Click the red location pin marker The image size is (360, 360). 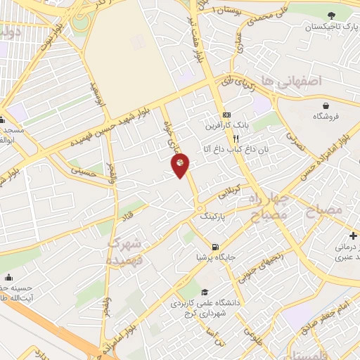point(180,165)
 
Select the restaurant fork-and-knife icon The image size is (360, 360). point(226,139)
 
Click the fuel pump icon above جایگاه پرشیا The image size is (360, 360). point(214,247)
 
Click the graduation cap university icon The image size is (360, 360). point(204,292)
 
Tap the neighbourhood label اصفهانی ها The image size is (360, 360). point(290,82)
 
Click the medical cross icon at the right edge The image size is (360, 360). point(354,235)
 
